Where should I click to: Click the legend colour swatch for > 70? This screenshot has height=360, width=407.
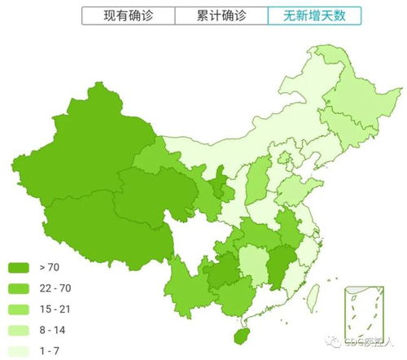click(19, 266)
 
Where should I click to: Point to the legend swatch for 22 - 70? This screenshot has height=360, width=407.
click(19, 288)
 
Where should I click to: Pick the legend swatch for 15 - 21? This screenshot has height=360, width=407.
click(19, 309)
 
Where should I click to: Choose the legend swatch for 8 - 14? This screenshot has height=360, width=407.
click(19, 330)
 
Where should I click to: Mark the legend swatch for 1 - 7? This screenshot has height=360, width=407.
click(19, 351)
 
